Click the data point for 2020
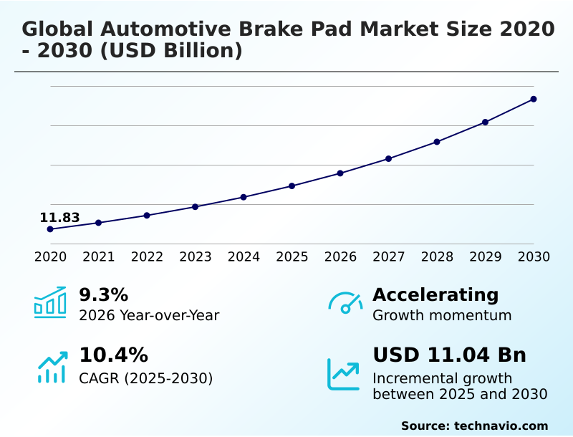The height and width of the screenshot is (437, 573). [50, 229]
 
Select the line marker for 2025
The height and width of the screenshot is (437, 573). [292, 186]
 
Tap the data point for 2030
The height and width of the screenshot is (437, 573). [534, 99]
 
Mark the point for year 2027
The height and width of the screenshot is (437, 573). [389, 158]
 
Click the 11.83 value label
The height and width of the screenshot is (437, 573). [59, 218]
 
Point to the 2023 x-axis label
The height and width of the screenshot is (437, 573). [196, 256]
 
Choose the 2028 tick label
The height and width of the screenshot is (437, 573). [437, 256]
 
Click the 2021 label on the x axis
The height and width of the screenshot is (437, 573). [99, 256]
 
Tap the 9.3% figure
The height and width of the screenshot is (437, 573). [103, 294]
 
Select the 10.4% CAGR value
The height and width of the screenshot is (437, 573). [113, 355]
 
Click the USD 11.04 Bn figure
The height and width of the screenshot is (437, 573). [449, 355]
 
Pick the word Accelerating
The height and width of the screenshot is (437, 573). [435, 294]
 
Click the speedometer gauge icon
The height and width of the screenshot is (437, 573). [345, 303]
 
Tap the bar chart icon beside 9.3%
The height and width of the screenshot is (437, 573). [50, 303]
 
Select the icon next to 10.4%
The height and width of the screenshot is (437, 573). [52, 367]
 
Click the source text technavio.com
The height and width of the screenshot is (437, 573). [501, 426]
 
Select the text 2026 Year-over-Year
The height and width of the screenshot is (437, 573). [149, 315]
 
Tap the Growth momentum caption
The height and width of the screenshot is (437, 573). [442, 315]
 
